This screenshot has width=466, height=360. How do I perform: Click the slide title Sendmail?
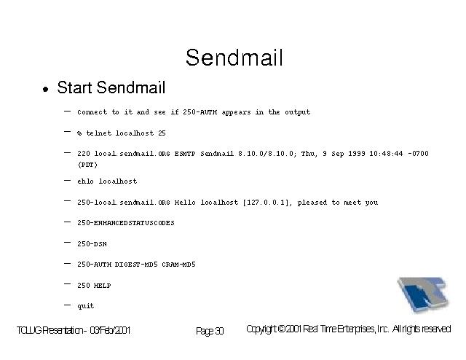pyautogui.click(x=234, y=58)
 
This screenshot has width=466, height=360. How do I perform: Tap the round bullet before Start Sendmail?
pyautogui.click(x=45, y=89)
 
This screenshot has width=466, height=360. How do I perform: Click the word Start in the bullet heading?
pyautogui.click(x=74, y=87)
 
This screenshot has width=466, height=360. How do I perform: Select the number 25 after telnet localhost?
pyautogui.click(x=162, y=133)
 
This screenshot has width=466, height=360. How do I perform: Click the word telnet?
pyautogui.click(x=99, y=133)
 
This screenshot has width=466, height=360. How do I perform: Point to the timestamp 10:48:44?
pyautogui.click(x=386, y=154)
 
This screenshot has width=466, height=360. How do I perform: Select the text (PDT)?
pyautogui.click(x=87, y=165)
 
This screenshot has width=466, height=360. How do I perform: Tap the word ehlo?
pyautogui.click(x=86, y=181)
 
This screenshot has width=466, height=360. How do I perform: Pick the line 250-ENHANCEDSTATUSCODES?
pyautogui.click(x=126, y=223)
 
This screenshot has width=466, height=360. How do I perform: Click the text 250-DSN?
pyautogui.click(x=92, y=244)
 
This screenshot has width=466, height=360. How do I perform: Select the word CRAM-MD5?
pyautogui.click(x=178, y=265)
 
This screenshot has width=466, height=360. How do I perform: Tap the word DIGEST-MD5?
pyautogui.click(x=136, y=265)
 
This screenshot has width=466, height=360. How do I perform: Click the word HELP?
pyautogui.click(x=102, y=286)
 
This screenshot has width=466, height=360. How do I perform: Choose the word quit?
pyautogui.click(x=86, y=306)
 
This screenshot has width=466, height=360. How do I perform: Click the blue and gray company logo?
pyautogui.click(x=422, y=294)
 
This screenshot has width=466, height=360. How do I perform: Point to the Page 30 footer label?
pyautogui.click(x=210, y=331)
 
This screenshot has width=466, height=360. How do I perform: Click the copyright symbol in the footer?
pyautogui.click(x=282, y=329)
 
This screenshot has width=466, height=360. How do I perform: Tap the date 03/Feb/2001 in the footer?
pyautogui.click(x=110, y=330)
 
